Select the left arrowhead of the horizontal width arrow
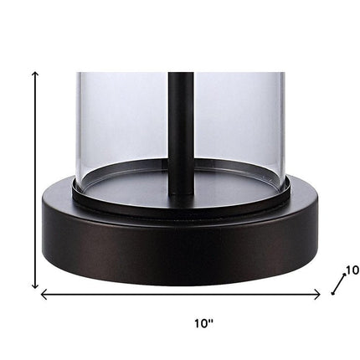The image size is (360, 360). (43, 295)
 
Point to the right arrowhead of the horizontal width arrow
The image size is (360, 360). (317, 295)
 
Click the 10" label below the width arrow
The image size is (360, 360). (203, 323)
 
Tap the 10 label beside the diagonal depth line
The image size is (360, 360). (352, 270)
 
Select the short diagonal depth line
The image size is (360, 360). (338, 284)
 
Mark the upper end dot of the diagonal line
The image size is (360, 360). (344, 275)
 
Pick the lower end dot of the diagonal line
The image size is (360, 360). (332, 293)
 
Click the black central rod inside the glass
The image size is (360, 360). (181, 132)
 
